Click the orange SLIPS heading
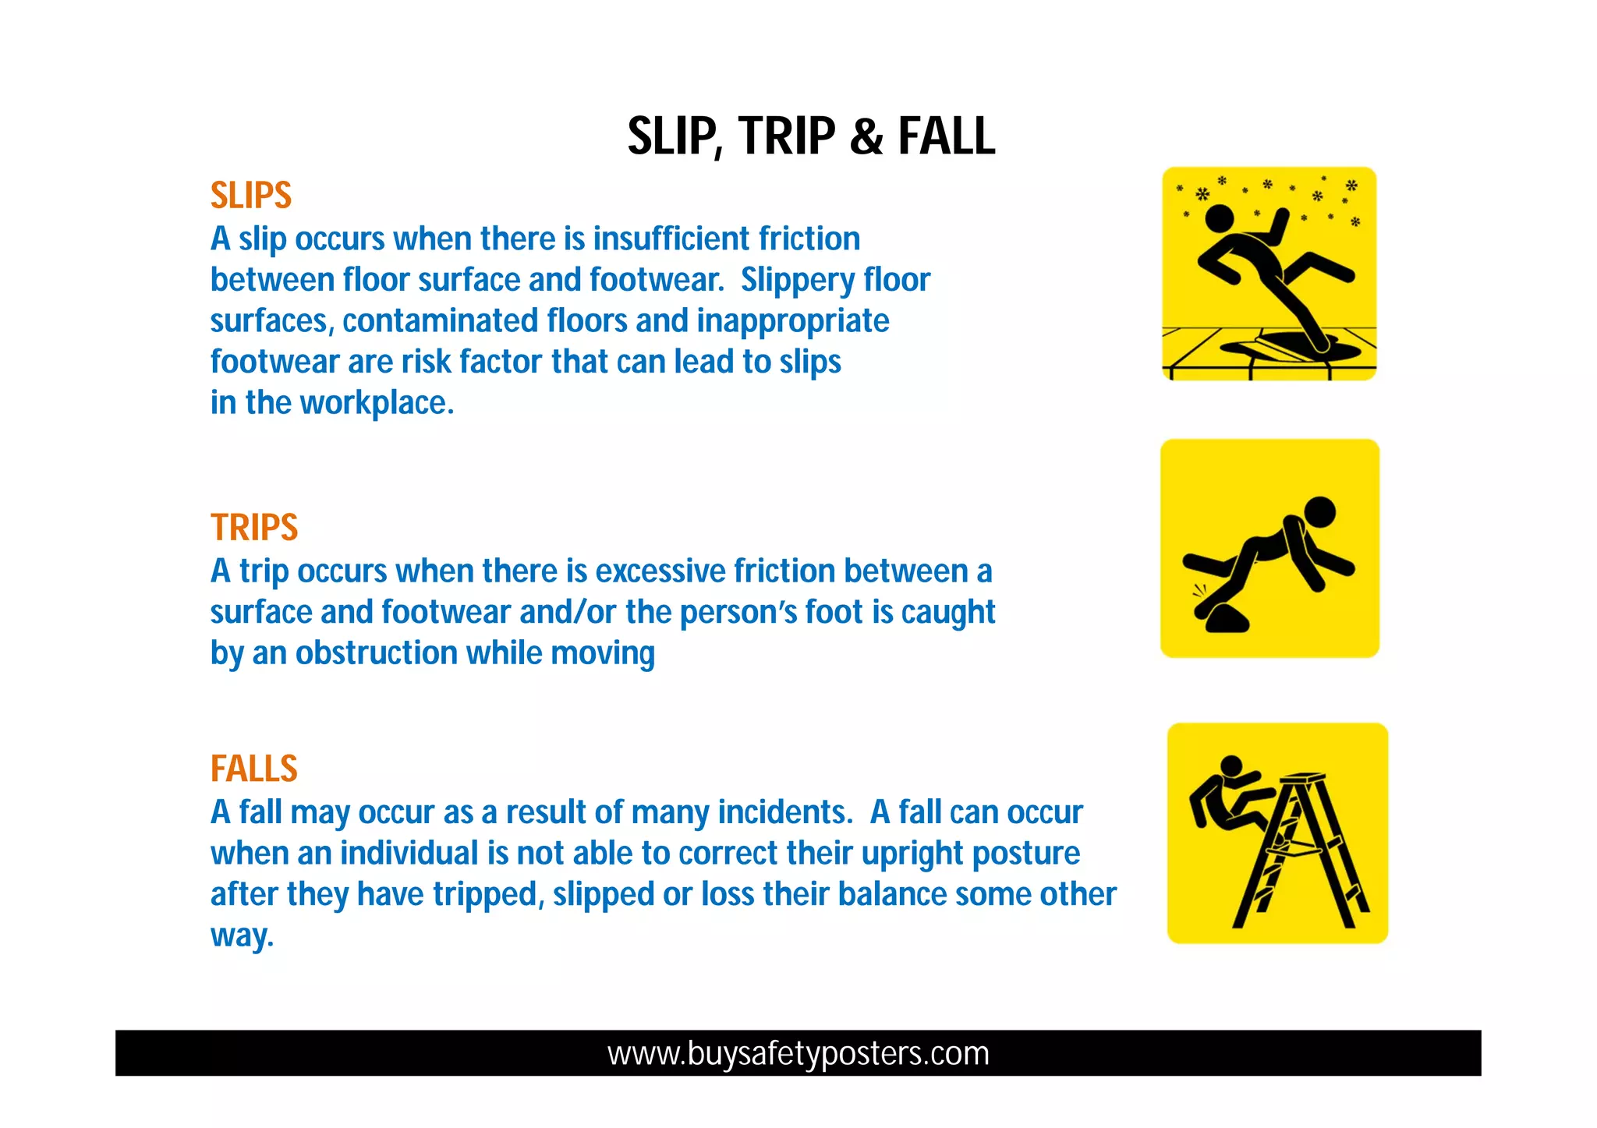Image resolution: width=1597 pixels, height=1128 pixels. tap(250, 196)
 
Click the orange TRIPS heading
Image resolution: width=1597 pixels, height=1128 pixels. tap(254, 528)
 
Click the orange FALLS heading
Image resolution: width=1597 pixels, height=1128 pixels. tap(254, 769)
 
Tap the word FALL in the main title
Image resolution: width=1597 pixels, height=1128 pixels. tap(946, 137)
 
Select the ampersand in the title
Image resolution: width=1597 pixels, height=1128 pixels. tap(866, 137)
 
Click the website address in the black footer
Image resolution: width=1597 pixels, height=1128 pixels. tap(798, 1053)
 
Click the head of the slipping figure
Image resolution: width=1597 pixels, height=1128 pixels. tap(1220, 219)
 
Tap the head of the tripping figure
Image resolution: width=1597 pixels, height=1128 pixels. tap(1319, 512)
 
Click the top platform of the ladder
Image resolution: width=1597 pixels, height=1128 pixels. tap(1303, 778)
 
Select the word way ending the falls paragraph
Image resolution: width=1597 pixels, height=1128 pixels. tap(240, 935)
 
